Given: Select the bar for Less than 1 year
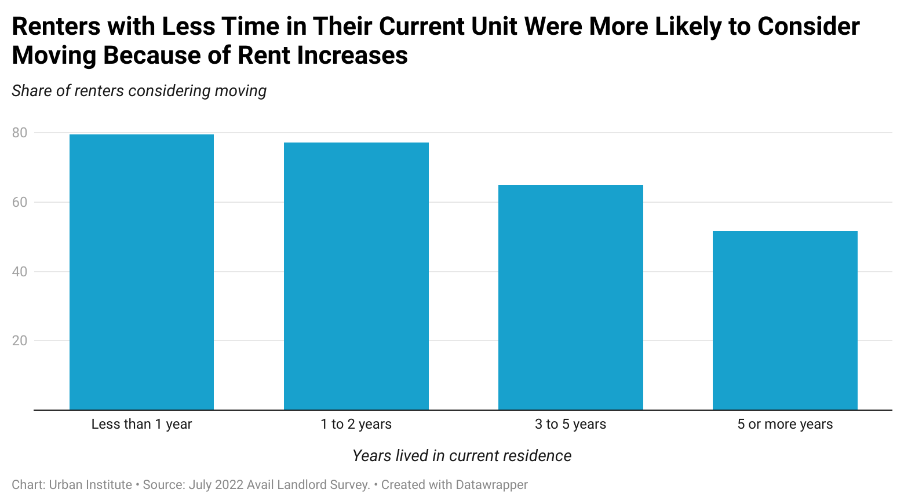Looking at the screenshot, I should point(141,272).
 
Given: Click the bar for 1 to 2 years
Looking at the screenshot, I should point(356,276).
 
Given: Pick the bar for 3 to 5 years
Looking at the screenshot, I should point(570,297).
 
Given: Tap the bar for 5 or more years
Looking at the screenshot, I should point(785,320).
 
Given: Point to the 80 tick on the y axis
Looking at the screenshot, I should point(20,133).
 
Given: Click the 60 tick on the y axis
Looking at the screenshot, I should point(20,202).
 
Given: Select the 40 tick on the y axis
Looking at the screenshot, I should point(20,272).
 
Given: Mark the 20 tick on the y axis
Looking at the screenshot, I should point(20,341).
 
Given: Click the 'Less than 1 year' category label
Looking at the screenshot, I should point(141,424).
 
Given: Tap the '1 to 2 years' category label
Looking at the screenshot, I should point(356,424).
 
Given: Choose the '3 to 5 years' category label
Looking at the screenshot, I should point(570,424).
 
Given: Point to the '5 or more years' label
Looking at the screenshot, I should point(785,424).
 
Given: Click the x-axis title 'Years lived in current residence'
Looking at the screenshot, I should point(462,456).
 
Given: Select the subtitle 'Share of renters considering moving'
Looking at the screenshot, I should point(139,91).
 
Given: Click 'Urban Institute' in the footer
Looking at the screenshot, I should point(90,485).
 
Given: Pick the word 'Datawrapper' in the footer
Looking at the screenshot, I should point(491,485).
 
